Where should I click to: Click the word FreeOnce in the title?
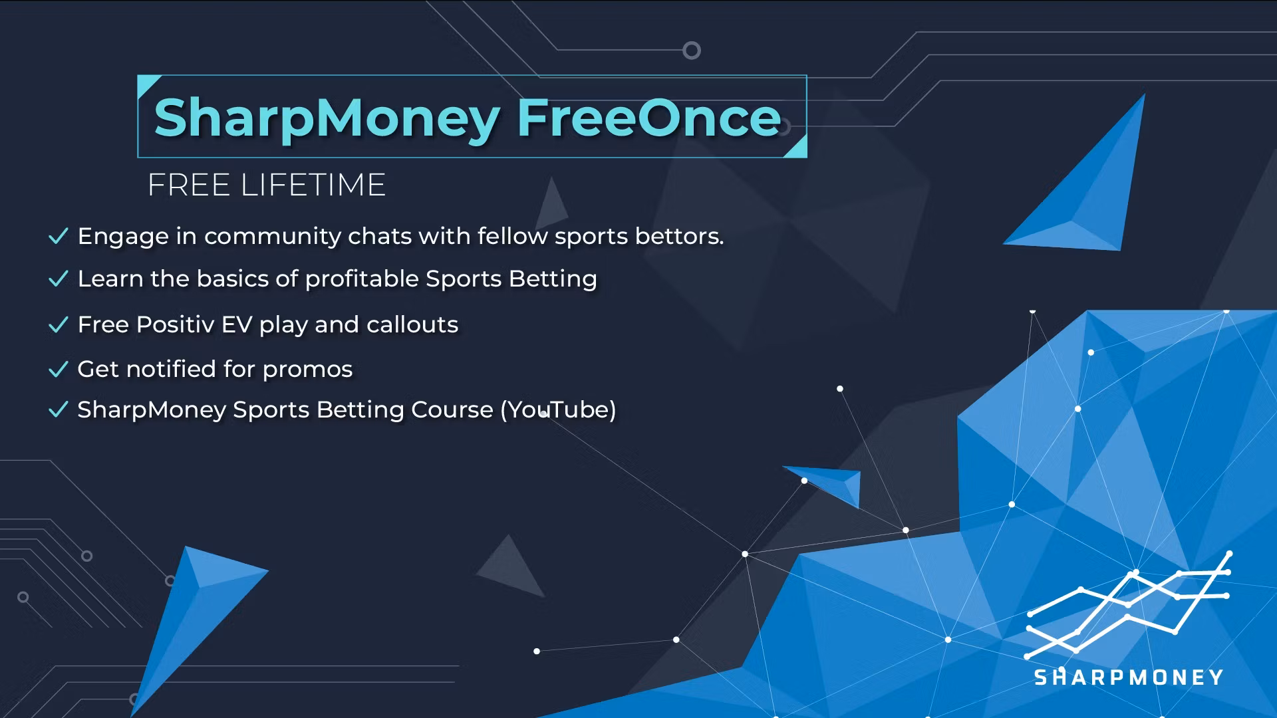[x=649, y=118]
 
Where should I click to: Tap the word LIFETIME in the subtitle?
[x=313, y=185]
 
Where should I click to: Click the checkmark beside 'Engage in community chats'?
[x=59, y=236]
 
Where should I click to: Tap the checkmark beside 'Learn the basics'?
[x=59, y=279]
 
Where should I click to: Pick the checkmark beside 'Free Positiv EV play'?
[x=59, y=324]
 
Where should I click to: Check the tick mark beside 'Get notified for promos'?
[x=59, y=369]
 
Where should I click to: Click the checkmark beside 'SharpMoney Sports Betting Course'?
[x=59, y=410]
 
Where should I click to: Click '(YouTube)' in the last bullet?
[x=558, y=410]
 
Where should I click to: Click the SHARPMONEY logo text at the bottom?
[x=1129, y=677]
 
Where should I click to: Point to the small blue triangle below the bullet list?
[x=825, y=483]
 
